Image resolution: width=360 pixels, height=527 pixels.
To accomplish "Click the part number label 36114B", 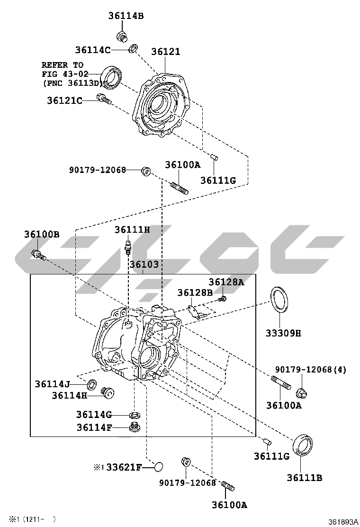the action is (x=126, y=16).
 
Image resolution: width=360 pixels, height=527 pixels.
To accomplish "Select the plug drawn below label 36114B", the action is (x=122, y=36).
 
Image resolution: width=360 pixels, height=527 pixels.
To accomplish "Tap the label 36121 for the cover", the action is (x=166, y=52).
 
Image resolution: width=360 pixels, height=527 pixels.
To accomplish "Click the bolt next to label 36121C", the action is (x=103, y=99).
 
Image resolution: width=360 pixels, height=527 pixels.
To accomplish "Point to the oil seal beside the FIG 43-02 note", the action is (x=112, y=77).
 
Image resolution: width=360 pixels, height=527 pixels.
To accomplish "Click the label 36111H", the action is (x=132, y=229).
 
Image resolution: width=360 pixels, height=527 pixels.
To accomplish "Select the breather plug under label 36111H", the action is (x=128, y=247).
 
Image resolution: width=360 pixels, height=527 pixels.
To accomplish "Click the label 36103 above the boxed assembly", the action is (x=144, y=264).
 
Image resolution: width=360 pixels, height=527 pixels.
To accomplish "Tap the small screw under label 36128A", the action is (x=223, y=298).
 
